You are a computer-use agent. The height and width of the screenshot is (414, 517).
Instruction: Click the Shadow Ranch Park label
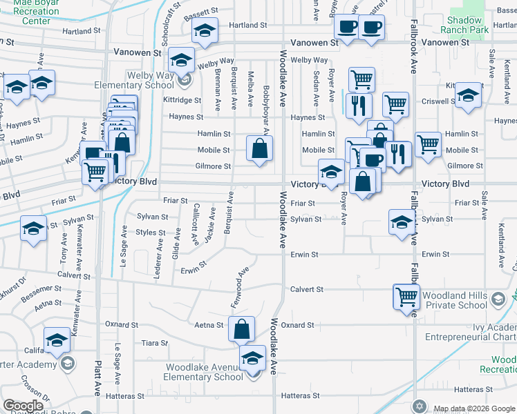[x=464, y=25]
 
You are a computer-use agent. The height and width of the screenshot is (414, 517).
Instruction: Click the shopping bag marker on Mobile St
[x=259, y=149]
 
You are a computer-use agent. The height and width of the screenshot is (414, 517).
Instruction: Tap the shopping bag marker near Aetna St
[x=242, y=330]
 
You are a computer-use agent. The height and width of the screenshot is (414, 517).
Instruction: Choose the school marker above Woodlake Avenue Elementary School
[x=253, y=358]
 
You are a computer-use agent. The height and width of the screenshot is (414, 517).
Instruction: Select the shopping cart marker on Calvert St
[x=406, y=297]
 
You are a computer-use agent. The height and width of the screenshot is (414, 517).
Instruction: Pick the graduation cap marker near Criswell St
[x=469, y=97]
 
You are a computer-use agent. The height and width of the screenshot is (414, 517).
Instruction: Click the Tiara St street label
[x=155, y=343]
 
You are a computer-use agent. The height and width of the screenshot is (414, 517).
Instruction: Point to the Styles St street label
[x=151, y=233]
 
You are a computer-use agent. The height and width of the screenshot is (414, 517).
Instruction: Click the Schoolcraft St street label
[x=169, y=17]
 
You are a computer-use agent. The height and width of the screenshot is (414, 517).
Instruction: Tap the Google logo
[x=23, y=406]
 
